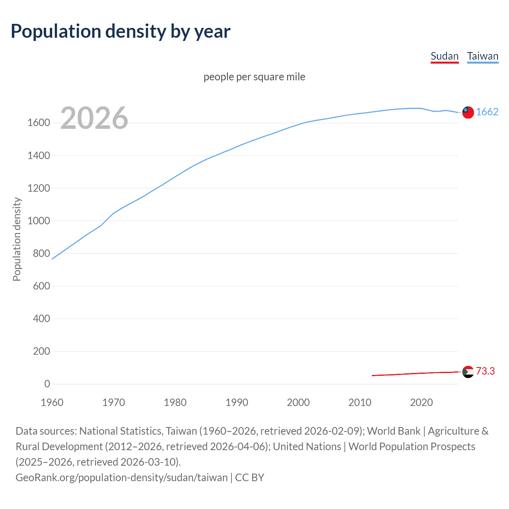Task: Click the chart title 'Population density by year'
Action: (x=120, y=31)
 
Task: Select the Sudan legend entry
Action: (x=445, y=56)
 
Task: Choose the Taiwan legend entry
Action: (x=482, y=56)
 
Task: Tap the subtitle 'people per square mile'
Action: (x=254, y=77)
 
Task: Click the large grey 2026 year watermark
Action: (x=94, y=118)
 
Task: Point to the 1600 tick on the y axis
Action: (x=39, y=123)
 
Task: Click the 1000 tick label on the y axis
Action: (x=39, y=221)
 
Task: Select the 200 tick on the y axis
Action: (x=41, y=351)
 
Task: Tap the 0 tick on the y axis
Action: (x=47, y=384)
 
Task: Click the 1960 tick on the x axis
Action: (x=52, y=402)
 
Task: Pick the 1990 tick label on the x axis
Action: (x=237, y=402)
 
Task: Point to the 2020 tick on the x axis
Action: (x=421, y=402)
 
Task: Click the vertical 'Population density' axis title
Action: (x=17, y=239)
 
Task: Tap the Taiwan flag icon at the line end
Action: (x=468, y=112)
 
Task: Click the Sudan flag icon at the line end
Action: (x=468, y=372)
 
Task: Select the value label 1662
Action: (x=487, y=112)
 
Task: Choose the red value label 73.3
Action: (x=485, y=371)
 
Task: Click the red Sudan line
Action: (x=414, y=373)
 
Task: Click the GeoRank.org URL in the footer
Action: (x=121, y=477)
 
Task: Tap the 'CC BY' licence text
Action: (x=250, y=477)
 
